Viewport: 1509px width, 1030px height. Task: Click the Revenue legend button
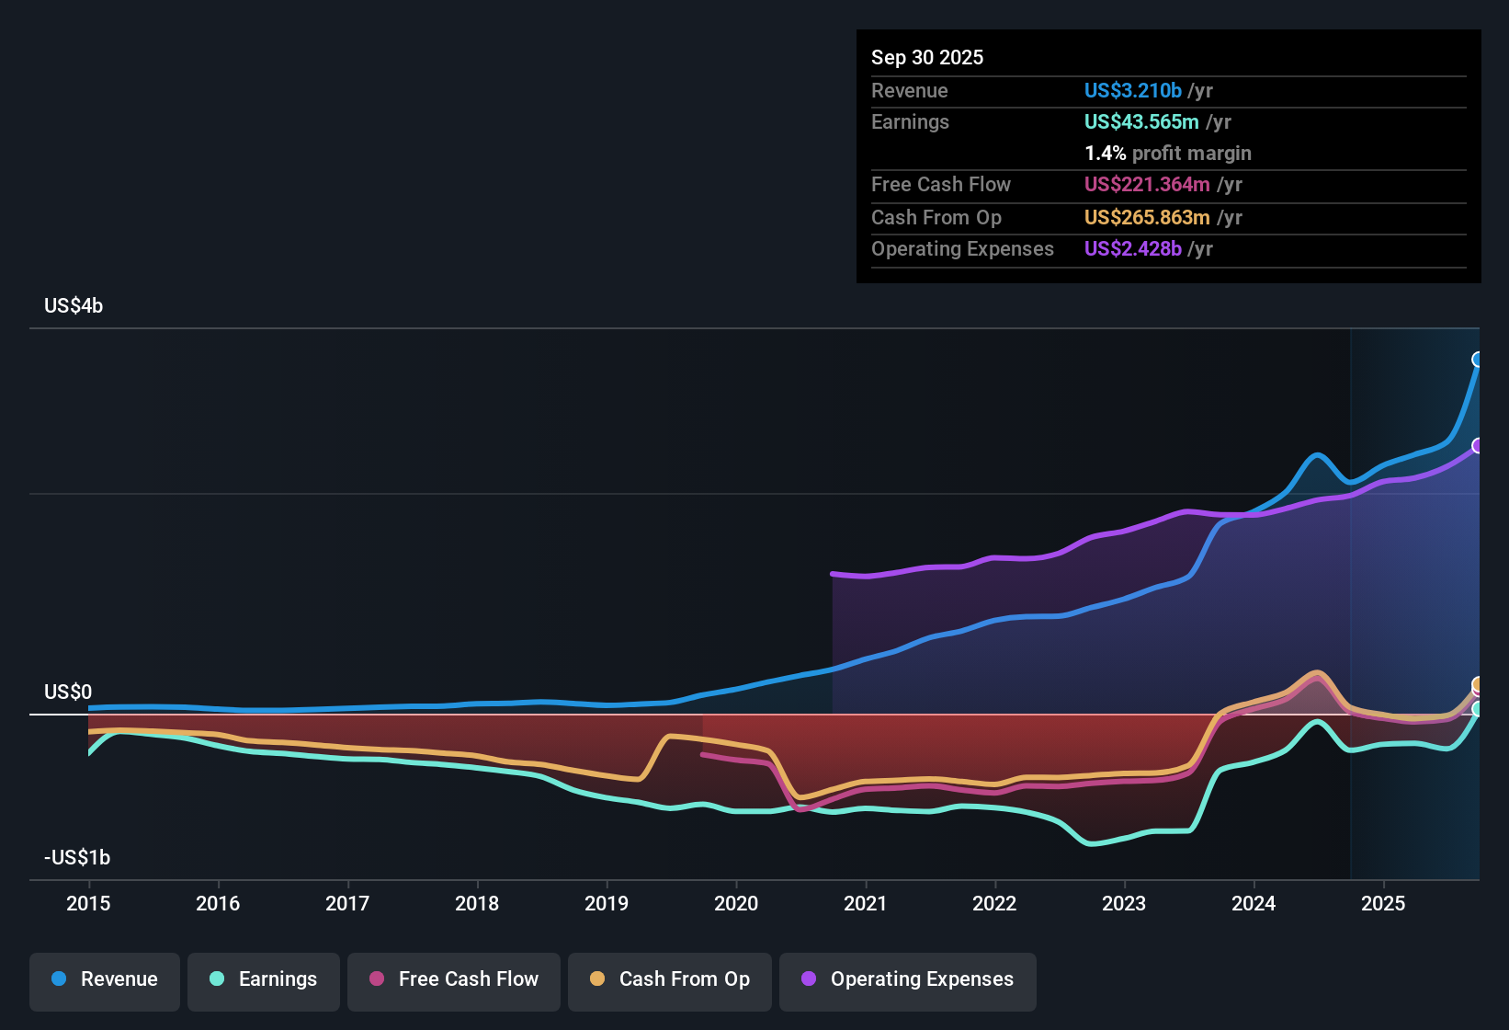(105, 979)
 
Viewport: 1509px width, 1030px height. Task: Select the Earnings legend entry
(264, 979)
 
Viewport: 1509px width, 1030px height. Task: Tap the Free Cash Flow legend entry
(454, 979)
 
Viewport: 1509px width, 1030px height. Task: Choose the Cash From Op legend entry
(670, 979)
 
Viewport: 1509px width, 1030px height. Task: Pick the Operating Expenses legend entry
(908, 979)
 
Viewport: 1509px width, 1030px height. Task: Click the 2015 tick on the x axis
(88, 904)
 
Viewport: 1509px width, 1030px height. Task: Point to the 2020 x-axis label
(736, 904)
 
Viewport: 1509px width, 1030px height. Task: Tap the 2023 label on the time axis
(1124, 904)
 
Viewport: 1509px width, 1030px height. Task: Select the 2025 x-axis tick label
(1383, 904)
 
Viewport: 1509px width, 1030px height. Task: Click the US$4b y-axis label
(74, 306)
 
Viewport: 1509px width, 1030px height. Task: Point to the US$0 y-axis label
(68, 692)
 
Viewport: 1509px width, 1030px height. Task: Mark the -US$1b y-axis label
(77, 858)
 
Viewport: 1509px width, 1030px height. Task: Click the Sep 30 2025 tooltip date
(927, 58)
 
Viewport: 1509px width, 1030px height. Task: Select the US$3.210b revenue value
(1132, 91)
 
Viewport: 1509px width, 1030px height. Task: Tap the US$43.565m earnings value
(1141, 122)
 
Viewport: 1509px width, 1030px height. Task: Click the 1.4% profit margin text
(1167, 154)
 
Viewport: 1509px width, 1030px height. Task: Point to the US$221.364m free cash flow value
(1147, 185)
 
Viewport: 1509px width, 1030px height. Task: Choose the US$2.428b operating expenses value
(1132, 249)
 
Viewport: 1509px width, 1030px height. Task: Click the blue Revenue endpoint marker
(1478, 360)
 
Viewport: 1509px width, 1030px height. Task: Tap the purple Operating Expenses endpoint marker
(1478, 446)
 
